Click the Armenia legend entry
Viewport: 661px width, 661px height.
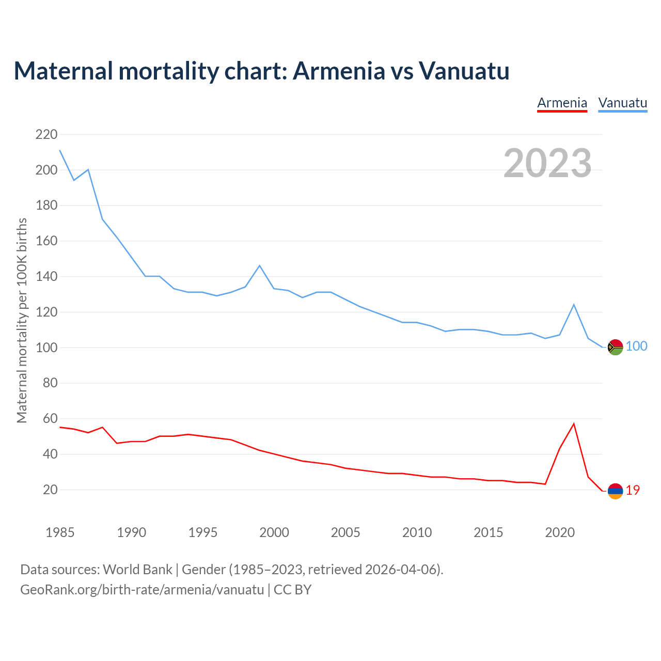(x=562, y=103)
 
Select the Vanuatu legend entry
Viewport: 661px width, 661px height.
(x=622, y=103)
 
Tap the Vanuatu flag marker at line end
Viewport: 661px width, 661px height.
(x=615, y=348)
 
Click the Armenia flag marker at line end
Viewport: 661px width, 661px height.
(x=615, y=491)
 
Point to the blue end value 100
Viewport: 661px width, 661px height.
(x=636, y=347)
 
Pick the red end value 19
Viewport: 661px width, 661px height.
(x=633, y=490)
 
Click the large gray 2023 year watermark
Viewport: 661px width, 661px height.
(x=547, y=163)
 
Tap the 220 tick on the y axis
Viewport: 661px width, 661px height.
(x=46, y=135)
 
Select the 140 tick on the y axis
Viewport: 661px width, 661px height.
(x=46, y=277)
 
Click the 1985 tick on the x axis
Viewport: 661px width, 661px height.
(x=60, y=532)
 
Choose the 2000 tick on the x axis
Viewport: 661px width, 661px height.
(x=274, y=532)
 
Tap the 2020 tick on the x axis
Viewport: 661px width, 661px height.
(x=560, y=532)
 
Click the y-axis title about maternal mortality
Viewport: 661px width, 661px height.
(x=22, y=320)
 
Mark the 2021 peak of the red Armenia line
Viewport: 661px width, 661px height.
(x=574, y=424)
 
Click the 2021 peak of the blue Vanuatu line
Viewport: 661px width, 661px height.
(x=574, y=305)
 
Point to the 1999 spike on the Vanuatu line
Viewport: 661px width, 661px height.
(x=259, y=265)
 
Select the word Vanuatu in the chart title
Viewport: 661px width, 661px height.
(x=464, y=71)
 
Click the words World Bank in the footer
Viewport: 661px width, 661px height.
(x=137, y=570)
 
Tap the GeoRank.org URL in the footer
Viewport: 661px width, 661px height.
(x=142, y=589)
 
